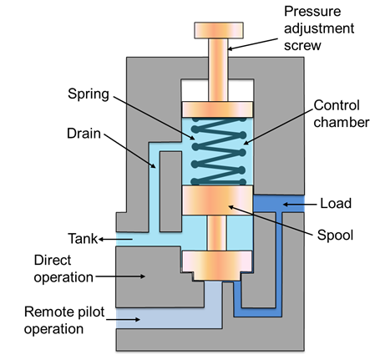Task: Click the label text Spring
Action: coord(89,94)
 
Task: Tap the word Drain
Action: coord(84,134)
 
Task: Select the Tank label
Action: coord(83,239)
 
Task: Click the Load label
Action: coord(336,203)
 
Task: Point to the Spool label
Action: coord(335,236)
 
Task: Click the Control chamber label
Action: coord(342,114)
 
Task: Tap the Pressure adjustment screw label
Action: coord(319,28)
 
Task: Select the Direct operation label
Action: coord(63,269)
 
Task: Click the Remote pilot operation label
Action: coord(64,320)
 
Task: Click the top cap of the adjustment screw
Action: coord(219,30)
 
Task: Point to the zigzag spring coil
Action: coord(219,151)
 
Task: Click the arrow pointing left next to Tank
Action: coord(115,239)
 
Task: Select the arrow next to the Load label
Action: coord(300,205)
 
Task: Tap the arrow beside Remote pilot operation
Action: coord(123,319)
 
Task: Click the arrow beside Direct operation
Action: coord(120,276)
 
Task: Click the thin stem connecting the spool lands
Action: coord(216,233)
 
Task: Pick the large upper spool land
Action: coord(217,200)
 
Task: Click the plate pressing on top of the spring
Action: coord(217,109)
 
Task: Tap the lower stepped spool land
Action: coord(217,266)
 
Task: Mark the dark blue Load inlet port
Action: coord(279,204)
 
